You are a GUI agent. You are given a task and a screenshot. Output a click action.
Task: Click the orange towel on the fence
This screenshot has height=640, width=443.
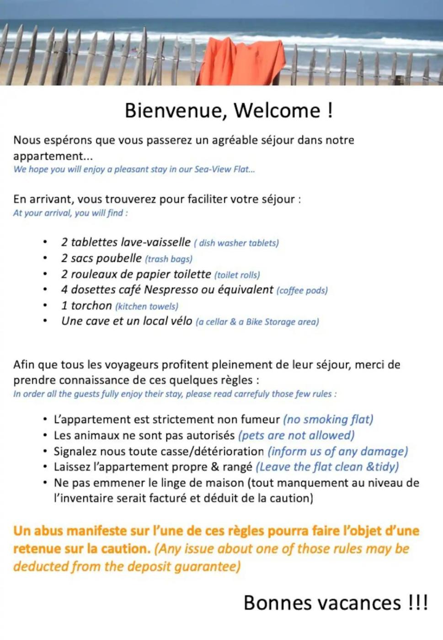coord(241,62)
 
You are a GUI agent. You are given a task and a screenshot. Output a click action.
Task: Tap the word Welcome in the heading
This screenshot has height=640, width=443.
coord(277,111)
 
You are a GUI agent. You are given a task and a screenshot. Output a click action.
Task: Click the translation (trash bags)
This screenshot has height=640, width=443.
coord(169,259)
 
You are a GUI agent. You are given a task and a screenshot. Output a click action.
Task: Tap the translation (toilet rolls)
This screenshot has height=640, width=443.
coord(237,275)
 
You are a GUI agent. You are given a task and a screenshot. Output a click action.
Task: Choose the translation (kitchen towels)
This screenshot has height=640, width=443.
coord(147,306)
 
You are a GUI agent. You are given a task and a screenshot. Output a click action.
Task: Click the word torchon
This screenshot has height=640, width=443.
coord(91,306)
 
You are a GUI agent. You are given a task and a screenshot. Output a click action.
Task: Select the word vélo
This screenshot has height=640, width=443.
coord(181,321)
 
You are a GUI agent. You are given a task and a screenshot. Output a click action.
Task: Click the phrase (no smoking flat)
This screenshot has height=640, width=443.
coord(328,420)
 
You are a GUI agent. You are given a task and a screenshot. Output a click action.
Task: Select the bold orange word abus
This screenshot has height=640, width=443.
coord(48,531)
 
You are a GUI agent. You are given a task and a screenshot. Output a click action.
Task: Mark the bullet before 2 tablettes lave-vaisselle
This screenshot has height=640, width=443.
coord(45,242)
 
